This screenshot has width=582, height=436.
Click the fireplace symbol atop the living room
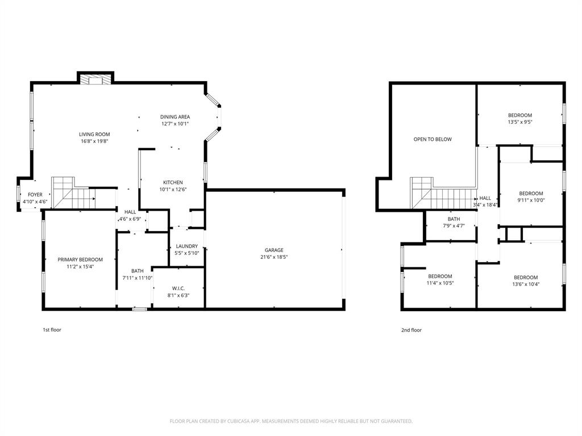(95, 80)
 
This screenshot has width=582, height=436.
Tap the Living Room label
(94, 135)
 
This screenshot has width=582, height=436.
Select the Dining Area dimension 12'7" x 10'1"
(175, 124)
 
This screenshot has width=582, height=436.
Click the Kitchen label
(173, 183)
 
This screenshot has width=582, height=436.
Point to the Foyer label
(35, 195)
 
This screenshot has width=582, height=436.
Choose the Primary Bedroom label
(76, 259)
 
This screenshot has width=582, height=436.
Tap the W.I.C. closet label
(178, 288)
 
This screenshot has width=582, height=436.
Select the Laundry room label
(186, 246)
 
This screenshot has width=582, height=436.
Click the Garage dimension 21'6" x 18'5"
(274, 257)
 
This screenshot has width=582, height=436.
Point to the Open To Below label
(433, 139)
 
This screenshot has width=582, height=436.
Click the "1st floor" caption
(52, 330)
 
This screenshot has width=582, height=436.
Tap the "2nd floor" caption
(412, 330)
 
